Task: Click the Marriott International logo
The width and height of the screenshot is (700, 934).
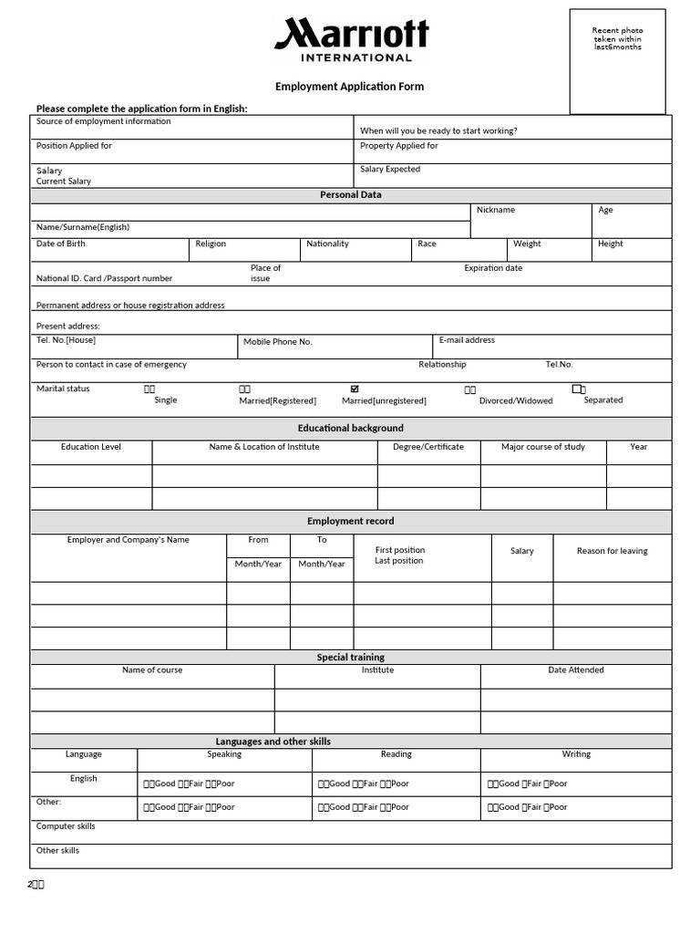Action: click(x=351, y=39)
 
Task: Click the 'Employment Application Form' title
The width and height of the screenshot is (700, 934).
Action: click(x=350, y=87)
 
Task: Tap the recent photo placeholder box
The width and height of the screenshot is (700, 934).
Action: click(x=617, y=61)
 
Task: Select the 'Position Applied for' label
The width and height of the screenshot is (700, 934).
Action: click(x=74, y=146)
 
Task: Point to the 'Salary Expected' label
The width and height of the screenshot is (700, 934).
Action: click(x=390, y=169)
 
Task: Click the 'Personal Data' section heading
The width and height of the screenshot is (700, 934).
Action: click(x=351, y=194)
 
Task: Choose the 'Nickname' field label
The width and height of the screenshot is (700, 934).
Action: click(x=496, y=210)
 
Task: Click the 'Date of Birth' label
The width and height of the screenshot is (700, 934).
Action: click(x=61, y=244)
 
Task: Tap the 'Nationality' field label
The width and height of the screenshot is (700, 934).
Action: click(x=327, y=244)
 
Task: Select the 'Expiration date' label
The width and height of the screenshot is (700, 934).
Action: click(x=493, y=268)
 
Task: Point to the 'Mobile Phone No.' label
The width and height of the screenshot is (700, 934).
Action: click(x=278, y=341)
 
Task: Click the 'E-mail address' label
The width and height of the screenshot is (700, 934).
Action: click(x=467, y=340)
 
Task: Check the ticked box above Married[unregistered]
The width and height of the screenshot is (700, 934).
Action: click(x=355, y=389)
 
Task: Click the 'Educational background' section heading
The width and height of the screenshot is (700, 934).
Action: click(x=351, y=428)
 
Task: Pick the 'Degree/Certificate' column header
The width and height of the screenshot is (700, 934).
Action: click(x=428, y=447)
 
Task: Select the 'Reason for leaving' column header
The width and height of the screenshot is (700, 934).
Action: click(x=612, y=551)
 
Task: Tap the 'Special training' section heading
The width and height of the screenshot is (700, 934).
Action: click(x=351, y=657)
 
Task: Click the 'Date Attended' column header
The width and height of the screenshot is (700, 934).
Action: click(x=576, y=669)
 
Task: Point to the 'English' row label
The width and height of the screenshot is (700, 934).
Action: click(x=84, y=778)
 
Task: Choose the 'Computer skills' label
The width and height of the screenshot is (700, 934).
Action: click(x=66, y=826)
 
